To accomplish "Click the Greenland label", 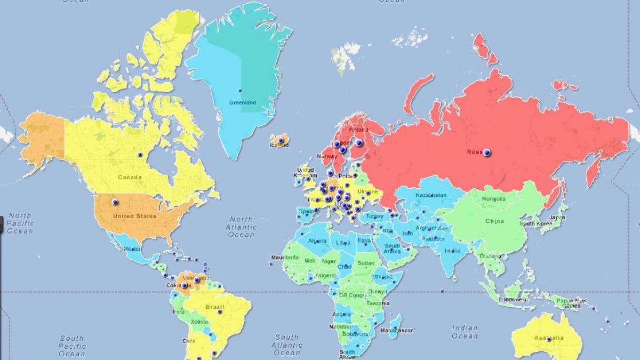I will click(243, 102).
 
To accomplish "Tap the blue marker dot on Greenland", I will click(240, 90).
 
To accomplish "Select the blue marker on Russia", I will click(487, 153).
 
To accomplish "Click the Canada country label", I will click(130, 177).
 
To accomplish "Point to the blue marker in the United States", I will click(115, 202).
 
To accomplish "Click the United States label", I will click(134, 216).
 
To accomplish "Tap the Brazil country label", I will click(214, 307).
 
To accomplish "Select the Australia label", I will click(549, 338).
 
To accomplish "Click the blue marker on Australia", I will click(549, 339).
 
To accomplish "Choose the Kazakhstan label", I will click(430, 195).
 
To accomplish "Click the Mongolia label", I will click(493, 199).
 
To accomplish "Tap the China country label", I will click(494, 221).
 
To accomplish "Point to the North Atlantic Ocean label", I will click(241, 227).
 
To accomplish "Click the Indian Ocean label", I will click(465, 332).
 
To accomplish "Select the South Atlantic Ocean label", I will click(287, 345).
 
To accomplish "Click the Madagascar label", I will click(397, 331).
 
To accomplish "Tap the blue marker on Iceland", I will click(281, 141).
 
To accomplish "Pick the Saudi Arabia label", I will click(392, 249).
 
